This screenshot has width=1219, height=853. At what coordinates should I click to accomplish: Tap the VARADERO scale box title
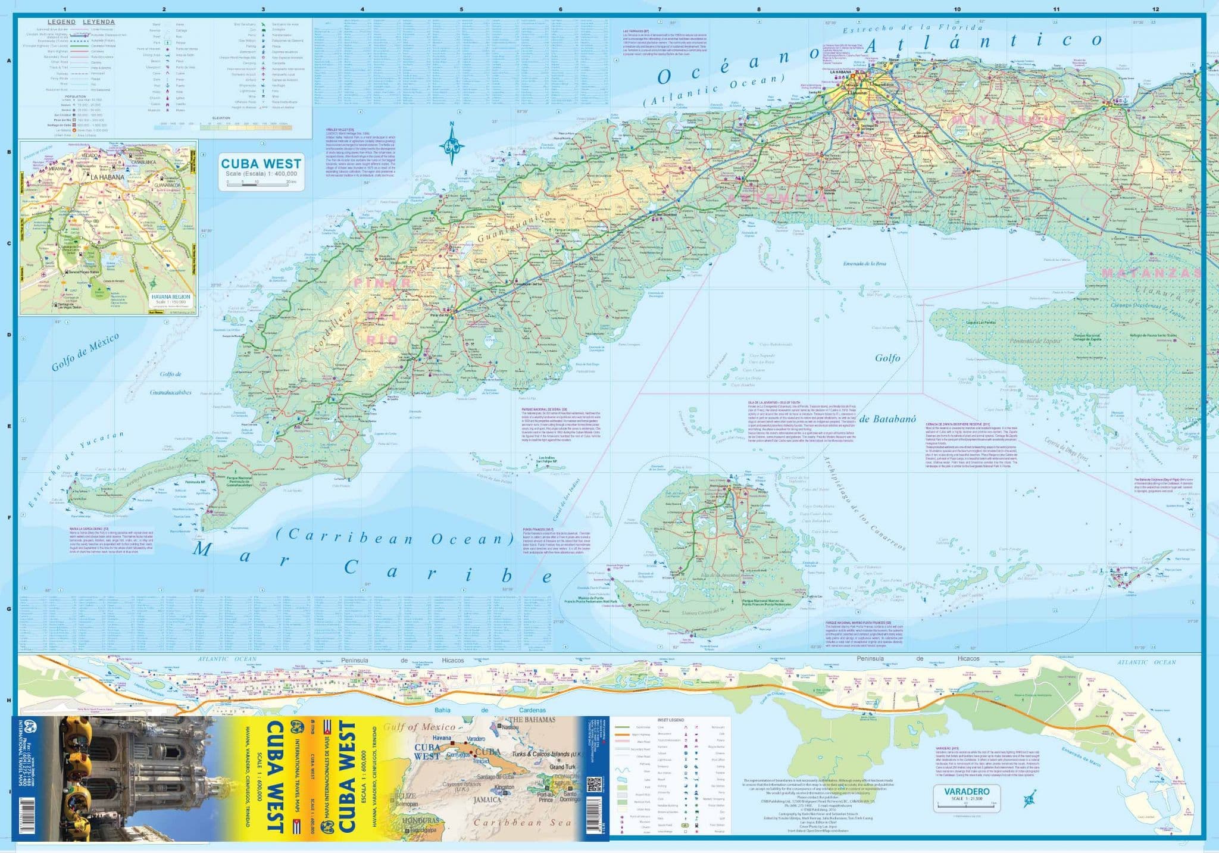(x=954, y=792)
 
